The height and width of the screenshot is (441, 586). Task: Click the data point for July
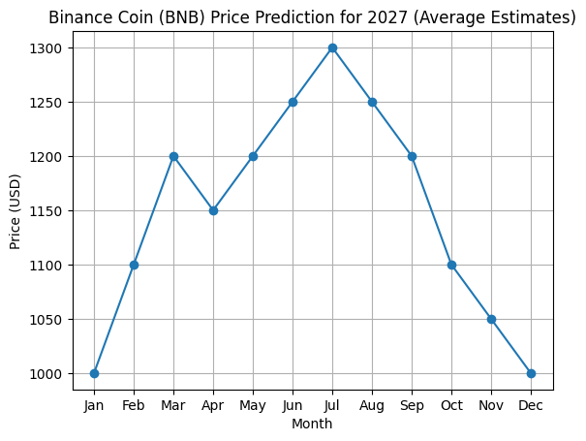pyautogui.click(x=332, y=47)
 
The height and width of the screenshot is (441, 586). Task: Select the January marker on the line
pyautogui.click(x=94, y=373)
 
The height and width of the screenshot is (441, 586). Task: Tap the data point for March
pyautogui.click(x=173, y=156)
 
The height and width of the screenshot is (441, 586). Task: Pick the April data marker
pyautogui.click(x=213, y=210)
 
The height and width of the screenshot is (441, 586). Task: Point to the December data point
pyautogui.click(x=531, y=373)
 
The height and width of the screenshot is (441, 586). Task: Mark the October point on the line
pyautogui.click(x=451, y=265)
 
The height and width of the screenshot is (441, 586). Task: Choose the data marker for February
pyautogui.click(x=134, y=265)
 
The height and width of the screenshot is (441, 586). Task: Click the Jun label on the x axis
pyautogui.click(x=293, y=404)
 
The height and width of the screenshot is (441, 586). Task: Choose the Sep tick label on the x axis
pyautogui.click(x=412, y=404)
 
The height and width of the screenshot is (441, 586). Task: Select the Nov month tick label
pyautogui.click(x=491, y=404)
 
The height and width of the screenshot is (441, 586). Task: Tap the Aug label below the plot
pyautogui.click(x=372, y=404)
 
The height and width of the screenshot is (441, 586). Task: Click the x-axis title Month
pyautogui.click(x=312, y=424)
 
